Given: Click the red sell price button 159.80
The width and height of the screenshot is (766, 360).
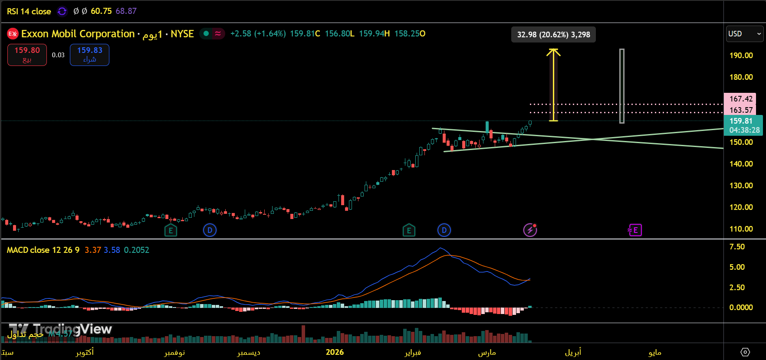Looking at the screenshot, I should pyautogui.click(x=27, y=55).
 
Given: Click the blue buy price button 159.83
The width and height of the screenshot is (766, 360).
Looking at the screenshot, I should pyautogui.click(x=89, y=55).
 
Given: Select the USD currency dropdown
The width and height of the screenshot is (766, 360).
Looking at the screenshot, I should pyautogui.click(x=744, y=34).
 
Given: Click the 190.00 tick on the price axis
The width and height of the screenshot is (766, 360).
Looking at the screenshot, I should pyautogui.click(x=741, y=56).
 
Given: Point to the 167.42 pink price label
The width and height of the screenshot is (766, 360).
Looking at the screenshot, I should pyautogui.click(x=740, y=99).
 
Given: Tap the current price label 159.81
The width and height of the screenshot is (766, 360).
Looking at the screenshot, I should pyautogui.click(x=740, y=121).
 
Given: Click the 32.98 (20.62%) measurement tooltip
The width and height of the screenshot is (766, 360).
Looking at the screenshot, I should pyautogui.click(x=553, y=35).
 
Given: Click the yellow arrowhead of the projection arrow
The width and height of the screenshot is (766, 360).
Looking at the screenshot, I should pyautogui.click(x=553, y=52).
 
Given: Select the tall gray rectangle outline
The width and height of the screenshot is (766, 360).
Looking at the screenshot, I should pyautogui.click(x=621, y=86).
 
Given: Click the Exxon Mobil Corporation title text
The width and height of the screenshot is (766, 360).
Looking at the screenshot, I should pyautogui.click(x=78, y=34).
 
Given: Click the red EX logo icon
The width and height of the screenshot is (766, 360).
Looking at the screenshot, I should pyautogui.click(x=13, y=34).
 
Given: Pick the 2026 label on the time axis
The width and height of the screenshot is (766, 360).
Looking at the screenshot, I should pyautogui.click(x=335, y=352).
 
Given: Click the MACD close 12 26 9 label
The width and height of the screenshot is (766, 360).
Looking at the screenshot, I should pyautogui.click(x=43, y=250).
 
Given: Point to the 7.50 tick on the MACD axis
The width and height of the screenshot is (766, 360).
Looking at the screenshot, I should pyautogui.click(x=737, y=247).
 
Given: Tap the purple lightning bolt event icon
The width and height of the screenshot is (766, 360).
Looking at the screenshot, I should pyautogui.click(x=530, y=230).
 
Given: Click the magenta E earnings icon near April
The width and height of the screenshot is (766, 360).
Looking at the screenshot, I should pyautogui.click(x=635, y=230).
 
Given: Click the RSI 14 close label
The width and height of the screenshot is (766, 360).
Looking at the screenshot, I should pyautogui.click(x=29, y=11).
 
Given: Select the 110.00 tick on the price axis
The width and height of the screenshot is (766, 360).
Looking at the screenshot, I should pyautogui.click(x=741, y=229).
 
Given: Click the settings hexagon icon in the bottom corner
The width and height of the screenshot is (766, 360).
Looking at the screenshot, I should pyautogui.click(x=745, y=352).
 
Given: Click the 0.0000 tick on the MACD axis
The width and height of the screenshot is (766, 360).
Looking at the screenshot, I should pyautogui.click(x=741, y=308).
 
